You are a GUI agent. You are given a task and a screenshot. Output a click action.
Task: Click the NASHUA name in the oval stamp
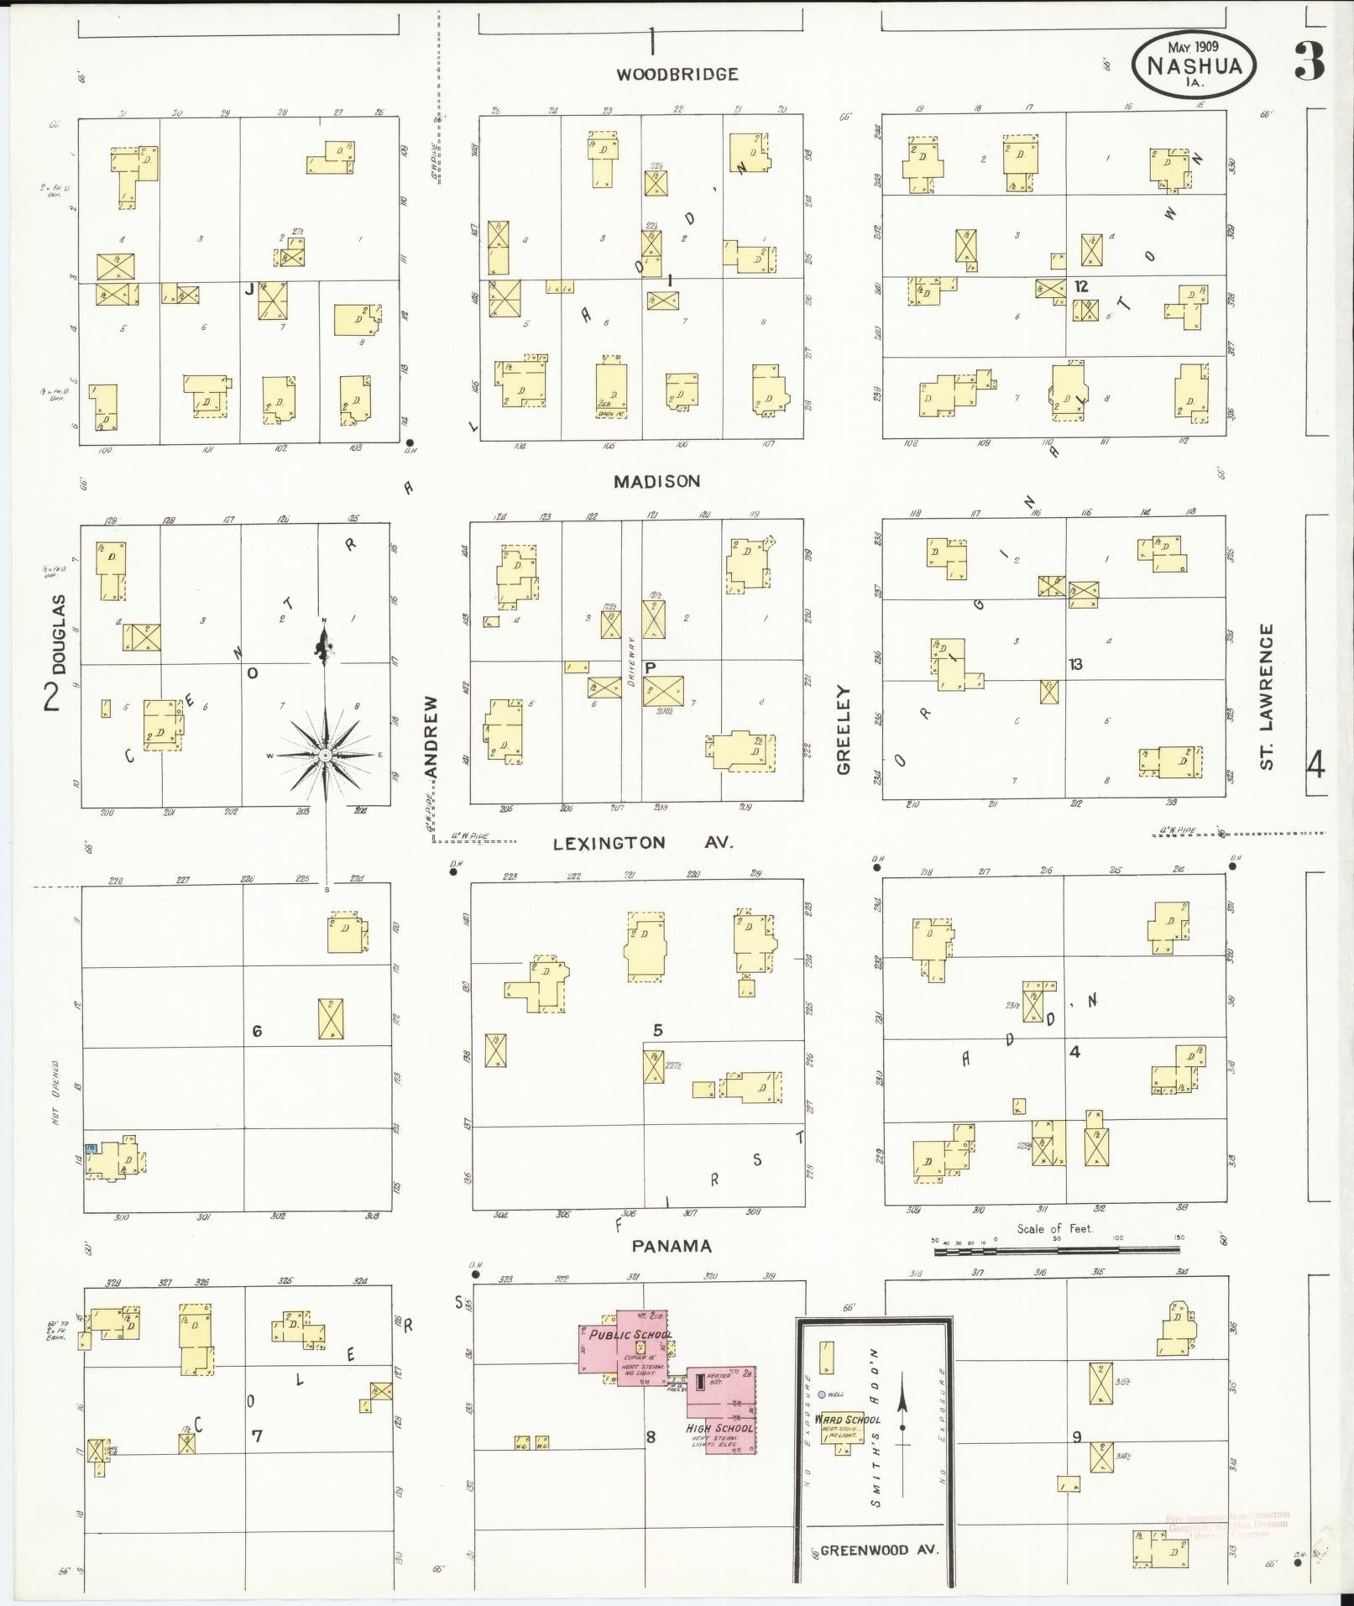tap(1193, 65)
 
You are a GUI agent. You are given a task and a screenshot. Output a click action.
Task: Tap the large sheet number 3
tap(1309, 60)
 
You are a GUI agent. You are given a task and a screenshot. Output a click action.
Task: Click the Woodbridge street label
tap(677, 74)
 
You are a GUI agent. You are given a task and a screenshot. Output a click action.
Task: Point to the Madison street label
tap(656, 481)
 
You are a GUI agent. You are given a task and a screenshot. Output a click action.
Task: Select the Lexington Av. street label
tap(643, 843)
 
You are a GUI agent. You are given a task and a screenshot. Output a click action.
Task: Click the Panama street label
tap(672, 1246)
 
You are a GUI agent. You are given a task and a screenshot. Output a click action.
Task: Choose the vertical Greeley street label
tap(843, 730)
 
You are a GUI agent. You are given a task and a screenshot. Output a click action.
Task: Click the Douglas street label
tap(58, 635)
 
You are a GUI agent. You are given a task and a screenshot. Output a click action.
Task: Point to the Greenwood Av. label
tap(876, 1550)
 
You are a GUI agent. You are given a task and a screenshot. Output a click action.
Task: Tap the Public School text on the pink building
tap(630, 1335)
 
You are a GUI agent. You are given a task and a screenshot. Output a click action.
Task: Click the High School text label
tap(719, 1427)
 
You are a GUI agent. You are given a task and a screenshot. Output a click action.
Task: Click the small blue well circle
tap(822, 1394)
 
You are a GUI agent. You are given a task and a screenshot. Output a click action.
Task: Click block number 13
tap(1075, 664)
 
